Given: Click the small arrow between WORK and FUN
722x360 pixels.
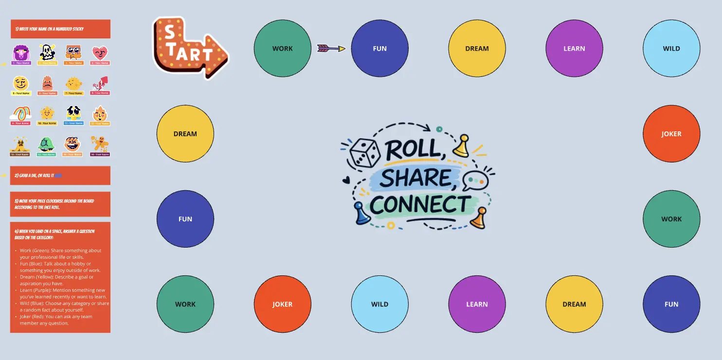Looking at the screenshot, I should [x=331, y=48].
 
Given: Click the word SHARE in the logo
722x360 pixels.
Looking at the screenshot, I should [x=416, y=178].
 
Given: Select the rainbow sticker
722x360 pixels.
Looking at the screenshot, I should [x=20, y=114].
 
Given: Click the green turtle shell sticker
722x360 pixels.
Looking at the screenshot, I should [x=47, y=144].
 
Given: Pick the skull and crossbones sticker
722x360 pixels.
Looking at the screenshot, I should [x=47, y=53].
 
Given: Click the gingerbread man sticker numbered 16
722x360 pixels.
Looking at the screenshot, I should [x=100, y=144].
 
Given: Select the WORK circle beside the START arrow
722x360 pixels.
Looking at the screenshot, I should [x=282, y=48].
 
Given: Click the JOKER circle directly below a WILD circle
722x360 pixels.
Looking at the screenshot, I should [x=671, y=134].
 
